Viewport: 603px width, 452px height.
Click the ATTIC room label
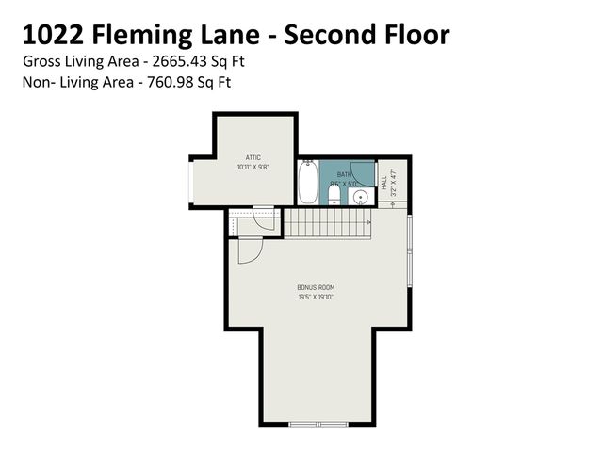tap(253, 157)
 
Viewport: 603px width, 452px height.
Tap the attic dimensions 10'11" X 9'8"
tap(253, 167)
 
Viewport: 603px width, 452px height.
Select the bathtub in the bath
tap(307, 183)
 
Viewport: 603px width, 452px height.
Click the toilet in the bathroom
tap(333, 194)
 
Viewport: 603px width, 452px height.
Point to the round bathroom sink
tap(359, 197)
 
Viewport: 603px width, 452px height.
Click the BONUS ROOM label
tap(316, 287)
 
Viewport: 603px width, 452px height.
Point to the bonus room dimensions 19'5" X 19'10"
tap(316, 298)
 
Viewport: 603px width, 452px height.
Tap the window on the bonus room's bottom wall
tap(316, 424)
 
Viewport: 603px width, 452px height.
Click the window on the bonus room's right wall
tap(410, 253)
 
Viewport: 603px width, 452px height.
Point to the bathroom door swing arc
tap(350, 171)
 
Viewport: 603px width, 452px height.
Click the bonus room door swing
tap(248, 251)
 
